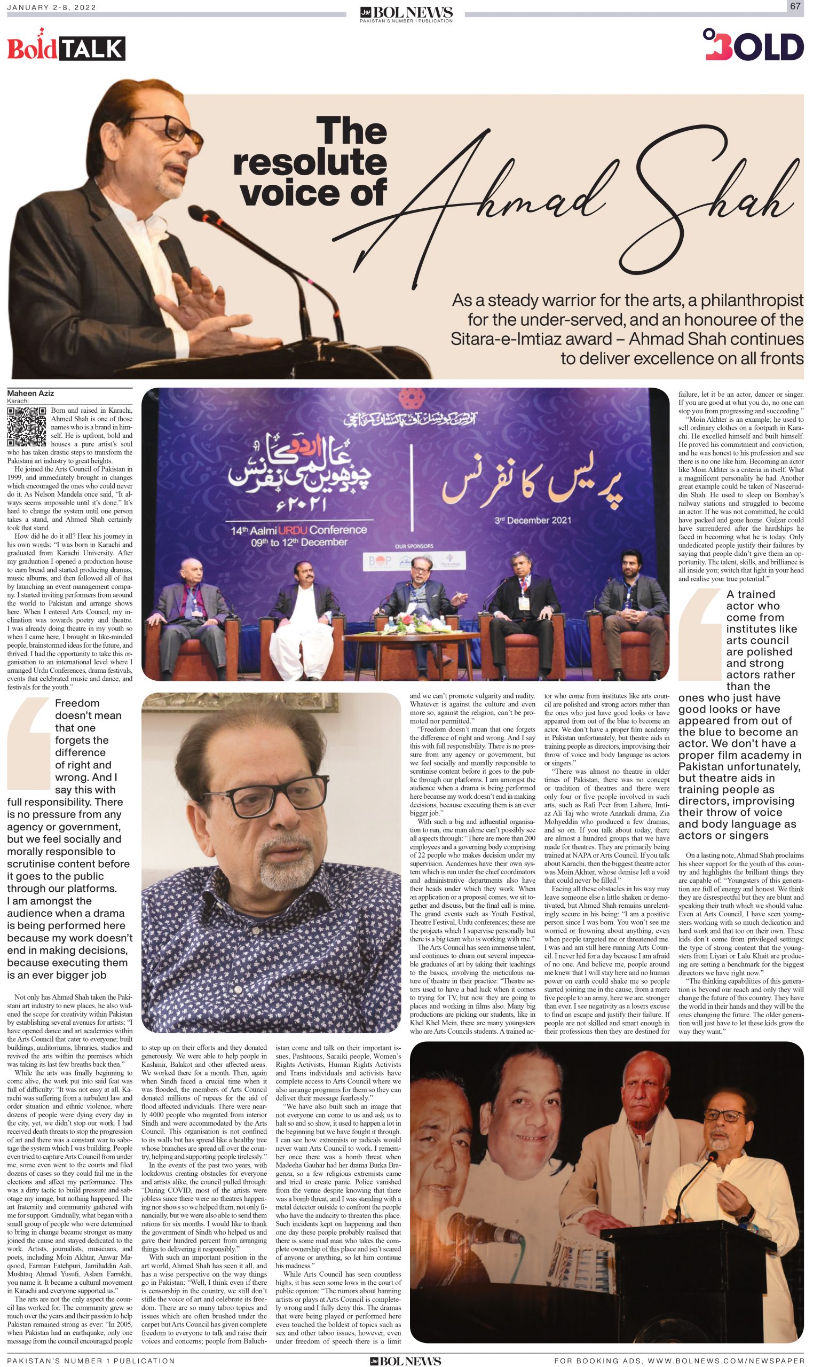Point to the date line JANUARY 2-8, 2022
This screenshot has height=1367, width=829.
click(x=52, y=8)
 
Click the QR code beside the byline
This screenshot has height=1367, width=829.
click(x=26, y=426)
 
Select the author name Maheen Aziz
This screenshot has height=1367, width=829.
click(x=30, y=394)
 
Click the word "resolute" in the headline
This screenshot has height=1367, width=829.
click(x=310, y=162)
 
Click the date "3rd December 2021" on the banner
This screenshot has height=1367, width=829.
click(x=532, y=521)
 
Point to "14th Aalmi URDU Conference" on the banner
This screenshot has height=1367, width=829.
click(x=299, y=530)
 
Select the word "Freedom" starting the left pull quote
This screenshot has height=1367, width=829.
click(x=77, y=703)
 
